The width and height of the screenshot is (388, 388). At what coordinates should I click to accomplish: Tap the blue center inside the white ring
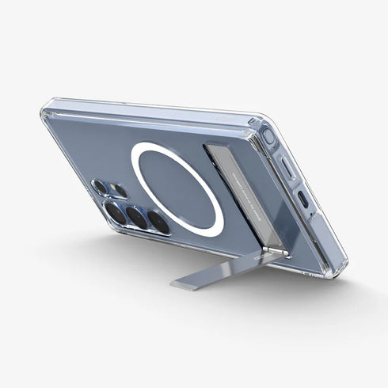point(178,188)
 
